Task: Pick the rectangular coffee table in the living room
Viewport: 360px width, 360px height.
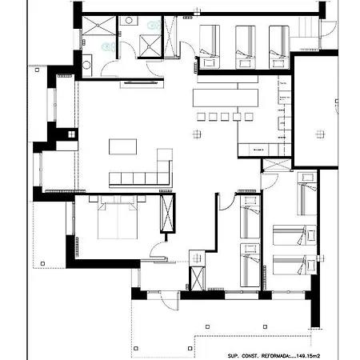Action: (x=122, y=147)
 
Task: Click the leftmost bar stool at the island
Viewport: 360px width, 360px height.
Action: (x=201, y=118)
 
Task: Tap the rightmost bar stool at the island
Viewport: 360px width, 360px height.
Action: (x=249, y=118)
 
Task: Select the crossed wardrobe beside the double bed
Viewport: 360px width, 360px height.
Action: (x=167, y=213)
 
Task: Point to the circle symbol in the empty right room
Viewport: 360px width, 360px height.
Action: (x=318, y=132)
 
